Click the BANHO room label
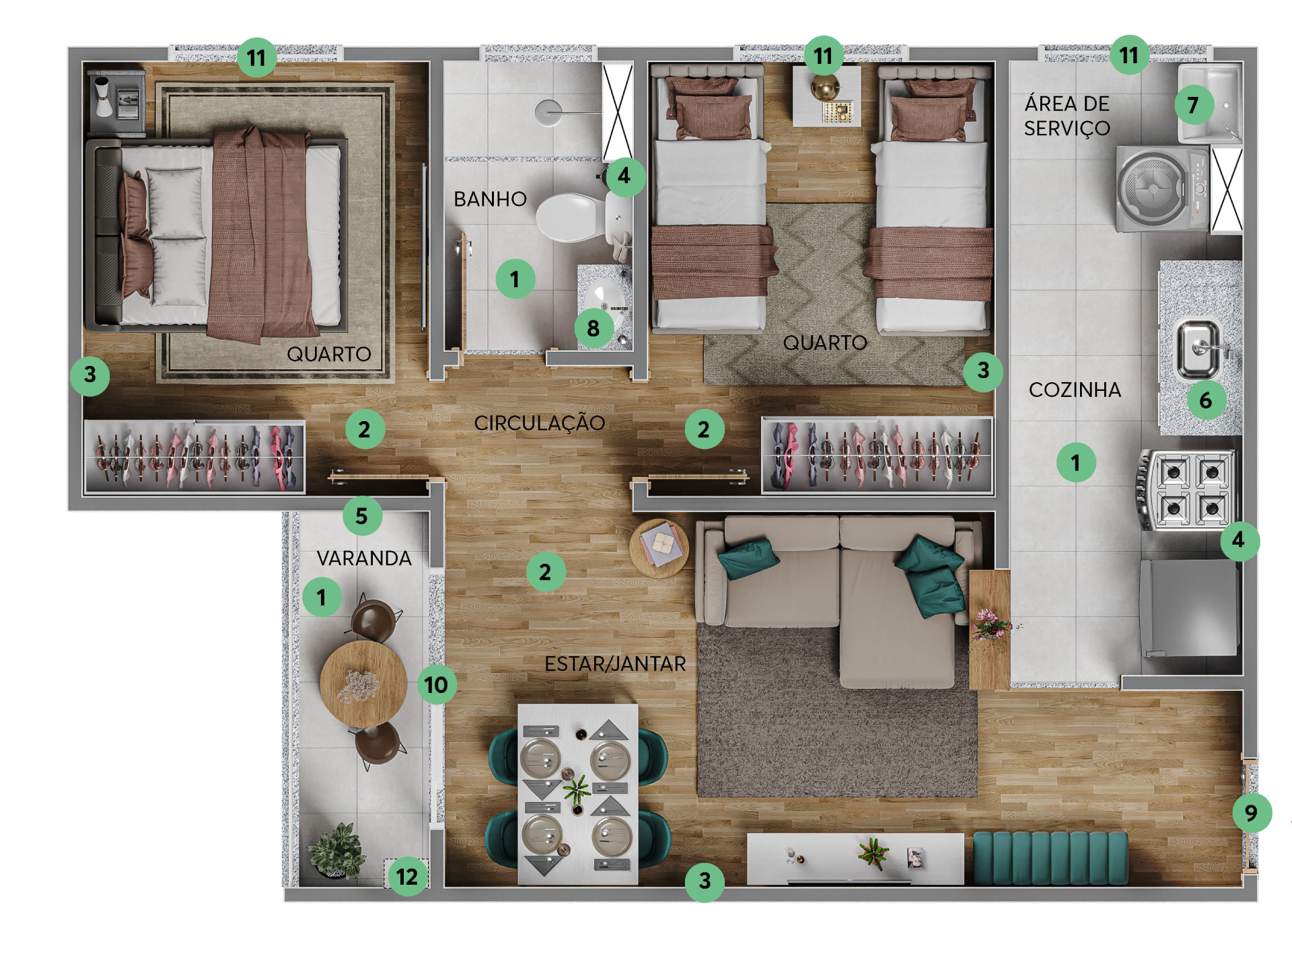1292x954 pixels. tap(490, 199)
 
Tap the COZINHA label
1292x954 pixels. tap(1075, 390)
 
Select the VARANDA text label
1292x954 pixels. tap(364, 558)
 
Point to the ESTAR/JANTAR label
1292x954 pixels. tap(615, 664)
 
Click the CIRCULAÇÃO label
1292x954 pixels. tap(539, 423)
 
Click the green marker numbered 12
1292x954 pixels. tap(407, 877)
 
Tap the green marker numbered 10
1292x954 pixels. tap(437, 685)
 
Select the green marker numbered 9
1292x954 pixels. tap(1252, 813)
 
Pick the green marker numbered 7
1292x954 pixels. tap(1194, 105)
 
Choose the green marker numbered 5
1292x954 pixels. tap(362, 516)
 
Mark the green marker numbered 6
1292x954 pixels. tap(1206, 400)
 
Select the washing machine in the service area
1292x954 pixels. tap(1163, 189)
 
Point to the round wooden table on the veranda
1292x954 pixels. tap(363, 684)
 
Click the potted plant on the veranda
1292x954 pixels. tap(336, 850)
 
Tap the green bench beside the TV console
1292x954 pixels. tap(1050, 858)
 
